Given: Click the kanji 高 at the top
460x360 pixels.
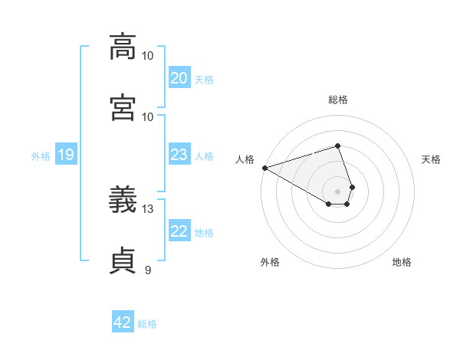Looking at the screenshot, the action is (123, 47).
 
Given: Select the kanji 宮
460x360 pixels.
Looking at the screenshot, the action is (123, 107).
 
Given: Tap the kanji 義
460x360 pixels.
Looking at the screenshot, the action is (123, 199).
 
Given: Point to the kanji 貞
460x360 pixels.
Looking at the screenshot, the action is (123, 260).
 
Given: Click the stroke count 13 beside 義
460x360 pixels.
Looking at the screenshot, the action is (147, 209).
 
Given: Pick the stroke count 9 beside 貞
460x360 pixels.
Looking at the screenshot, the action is (148, 270).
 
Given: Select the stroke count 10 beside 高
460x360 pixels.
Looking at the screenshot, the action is (147, 56).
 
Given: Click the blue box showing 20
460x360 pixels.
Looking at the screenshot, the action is (179, 77).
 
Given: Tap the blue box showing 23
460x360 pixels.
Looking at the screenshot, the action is (179, 154).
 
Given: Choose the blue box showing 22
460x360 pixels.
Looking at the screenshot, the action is (179, 230).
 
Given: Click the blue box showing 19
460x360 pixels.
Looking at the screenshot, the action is (66, 154).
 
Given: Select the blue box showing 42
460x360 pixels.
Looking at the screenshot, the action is (123, 321).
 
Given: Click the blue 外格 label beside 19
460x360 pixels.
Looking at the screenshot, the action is (41, 156).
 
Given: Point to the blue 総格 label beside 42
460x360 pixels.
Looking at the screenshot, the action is (147, 324).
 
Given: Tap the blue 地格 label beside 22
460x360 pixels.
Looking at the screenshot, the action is (204, 233).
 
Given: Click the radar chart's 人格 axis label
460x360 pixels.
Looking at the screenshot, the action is (245, 159).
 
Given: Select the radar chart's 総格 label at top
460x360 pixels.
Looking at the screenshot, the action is (338, 100).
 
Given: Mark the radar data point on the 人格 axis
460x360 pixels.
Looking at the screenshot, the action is (265, 168).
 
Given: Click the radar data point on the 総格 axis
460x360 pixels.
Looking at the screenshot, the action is (337, 146).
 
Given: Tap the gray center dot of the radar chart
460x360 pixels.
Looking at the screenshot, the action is (337, 191).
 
